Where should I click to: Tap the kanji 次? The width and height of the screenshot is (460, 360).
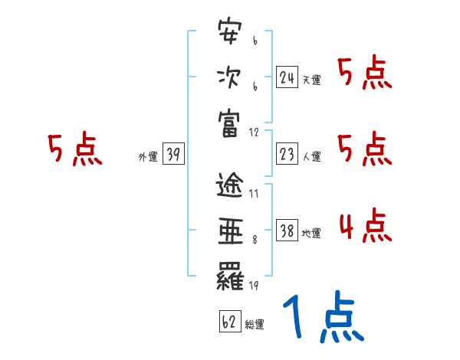click(x=230, y=78)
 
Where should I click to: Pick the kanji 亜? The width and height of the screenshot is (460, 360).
click(x=230, y=231)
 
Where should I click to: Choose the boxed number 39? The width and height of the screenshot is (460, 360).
click(x=172, y=155)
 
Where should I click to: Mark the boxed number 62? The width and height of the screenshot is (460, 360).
click(x=228, y=322)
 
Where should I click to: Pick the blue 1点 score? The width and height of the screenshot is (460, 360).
click(x=323, y=318)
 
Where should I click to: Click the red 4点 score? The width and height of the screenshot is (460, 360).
click(x=365, y=227)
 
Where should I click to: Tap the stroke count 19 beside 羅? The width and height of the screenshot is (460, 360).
click(x=253, y=286)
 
